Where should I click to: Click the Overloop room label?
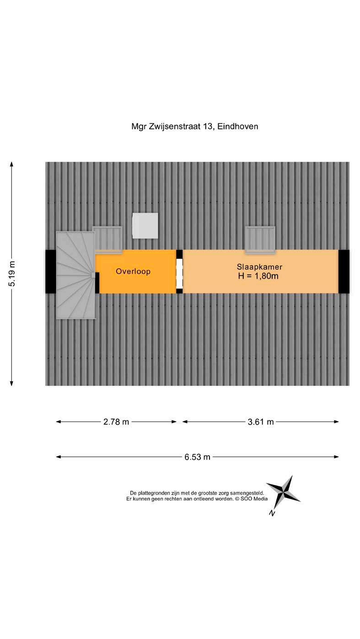click(x=133, y=272)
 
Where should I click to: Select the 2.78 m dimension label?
click(x=116, y=422)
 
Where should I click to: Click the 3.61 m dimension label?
click(x=260, y=422)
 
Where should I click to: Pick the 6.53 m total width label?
click(x=198, y=457)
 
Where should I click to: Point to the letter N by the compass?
click(x=272, y=513)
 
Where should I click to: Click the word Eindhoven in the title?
click(x=237, y=126)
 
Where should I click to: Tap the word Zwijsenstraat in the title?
click(x=176, y=126)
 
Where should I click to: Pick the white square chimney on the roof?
click(x=145, y=225)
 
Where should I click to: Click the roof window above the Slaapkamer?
click(x=260, y=239)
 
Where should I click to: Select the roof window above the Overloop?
click(x=107, y=238)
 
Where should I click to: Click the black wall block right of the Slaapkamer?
click(x=344, y=272)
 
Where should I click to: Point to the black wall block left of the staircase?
click(x=51, y=272)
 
